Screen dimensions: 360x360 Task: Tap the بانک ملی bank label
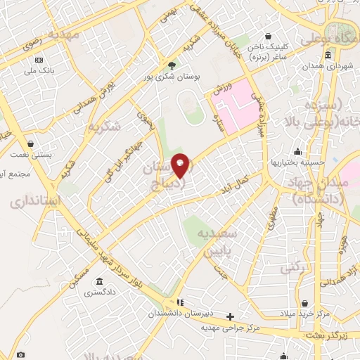click(x=39, y=70)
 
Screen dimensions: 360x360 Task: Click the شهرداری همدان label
click(x=329, y=65)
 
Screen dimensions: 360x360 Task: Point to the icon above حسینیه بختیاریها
click(x=299, y=151)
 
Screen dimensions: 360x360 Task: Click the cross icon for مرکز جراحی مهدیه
click(x=230, y=316)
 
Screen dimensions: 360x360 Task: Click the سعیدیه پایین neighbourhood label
click(x=218, y=240)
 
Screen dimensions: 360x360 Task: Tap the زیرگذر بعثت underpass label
click(x=330, y=336)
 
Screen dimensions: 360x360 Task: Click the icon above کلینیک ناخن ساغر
click(x=268, y=37)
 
